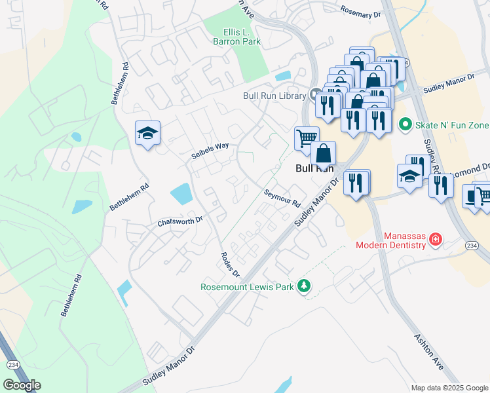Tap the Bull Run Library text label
pyautogui.click(x=274, y=96)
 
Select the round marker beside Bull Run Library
pyautogui.click(x=314, y=94)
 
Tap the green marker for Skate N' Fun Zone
pyautogui.click(x=405, y=124)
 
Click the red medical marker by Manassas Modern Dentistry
pyautogui.click(x=434, y=241)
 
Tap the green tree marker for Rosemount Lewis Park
pyautogui.click(x=303, y=286)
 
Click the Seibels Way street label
pyautogui.click(x=210, y=150)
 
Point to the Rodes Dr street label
pyautogui.click(x=230, y=264)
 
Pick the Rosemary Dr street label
pyautogui.click(x=360, y=11)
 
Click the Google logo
pyautogui.click(x=22, y=384)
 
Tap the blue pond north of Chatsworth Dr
pyautogui.click(x=181, y=194)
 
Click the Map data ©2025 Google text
pyautogui.click(x=449, y=388)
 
